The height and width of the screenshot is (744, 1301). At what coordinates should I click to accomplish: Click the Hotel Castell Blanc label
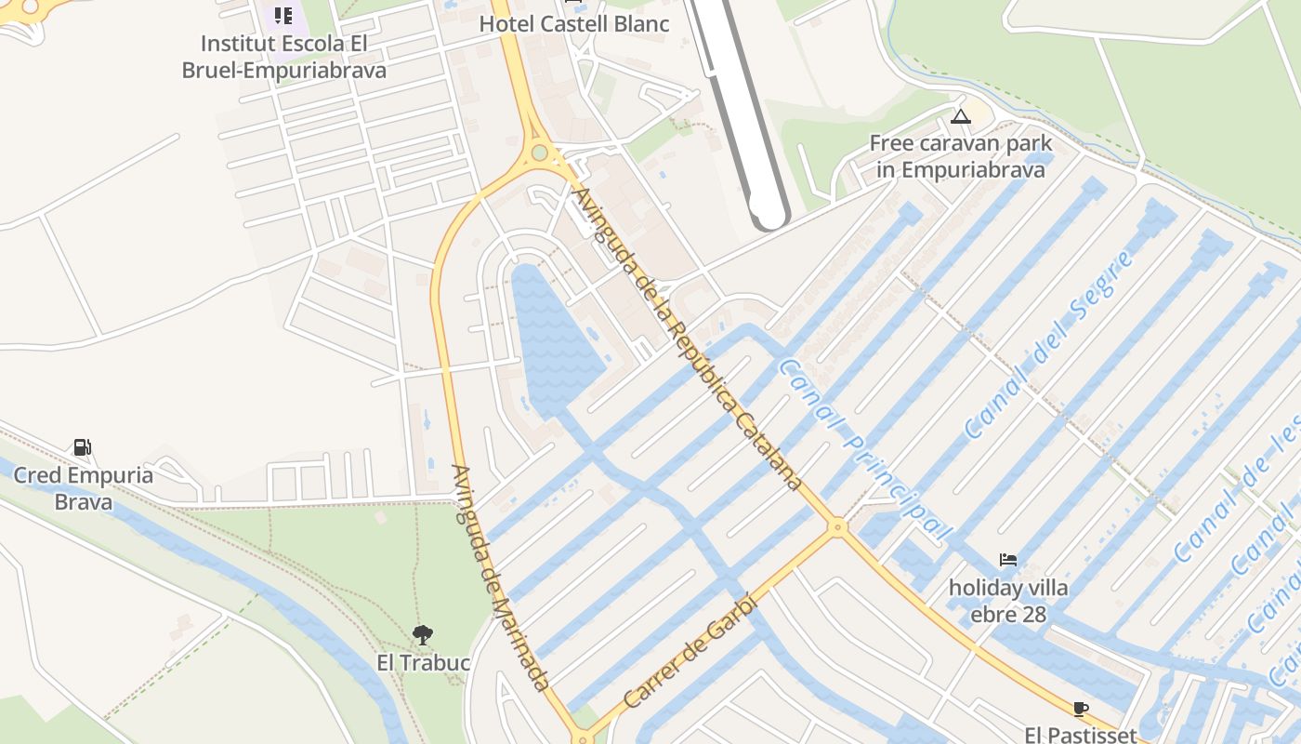[x=573, y=24]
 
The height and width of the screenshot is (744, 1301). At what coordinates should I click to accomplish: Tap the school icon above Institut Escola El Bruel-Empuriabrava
[x=283, y=16]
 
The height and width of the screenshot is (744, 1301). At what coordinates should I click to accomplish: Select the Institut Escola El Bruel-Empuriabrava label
[x=283, y=57]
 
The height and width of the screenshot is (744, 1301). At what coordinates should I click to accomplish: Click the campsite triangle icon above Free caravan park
[x=960, y=117]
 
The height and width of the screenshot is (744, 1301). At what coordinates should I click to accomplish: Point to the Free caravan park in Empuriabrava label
[x=960, y=157]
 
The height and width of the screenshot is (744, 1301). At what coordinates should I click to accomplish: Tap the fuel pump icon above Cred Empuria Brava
[x=83, y=447]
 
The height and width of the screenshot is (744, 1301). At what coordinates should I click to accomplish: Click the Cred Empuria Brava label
[x=83, y=488]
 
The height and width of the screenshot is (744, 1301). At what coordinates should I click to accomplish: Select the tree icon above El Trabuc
[x=423, y=635]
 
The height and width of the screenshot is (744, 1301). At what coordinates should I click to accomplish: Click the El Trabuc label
[x=423, y=663]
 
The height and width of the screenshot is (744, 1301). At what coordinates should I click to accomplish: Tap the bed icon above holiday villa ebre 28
[x=1008, y=560]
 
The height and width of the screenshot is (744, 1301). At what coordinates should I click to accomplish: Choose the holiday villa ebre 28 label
[x=1008, y=601]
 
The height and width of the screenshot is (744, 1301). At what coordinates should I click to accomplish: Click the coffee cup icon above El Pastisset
[x=1081, y=709]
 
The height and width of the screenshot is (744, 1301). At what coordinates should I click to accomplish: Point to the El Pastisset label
[x=1081, y=735]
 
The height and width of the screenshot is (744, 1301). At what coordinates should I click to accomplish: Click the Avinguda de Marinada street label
[x=500, y=577]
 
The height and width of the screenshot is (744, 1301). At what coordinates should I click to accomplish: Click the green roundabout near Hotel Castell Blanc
[x=539, y=153]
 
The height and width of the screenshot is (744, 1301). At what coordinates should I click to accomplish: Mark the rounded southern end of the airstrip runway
[x=769, y=216]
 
